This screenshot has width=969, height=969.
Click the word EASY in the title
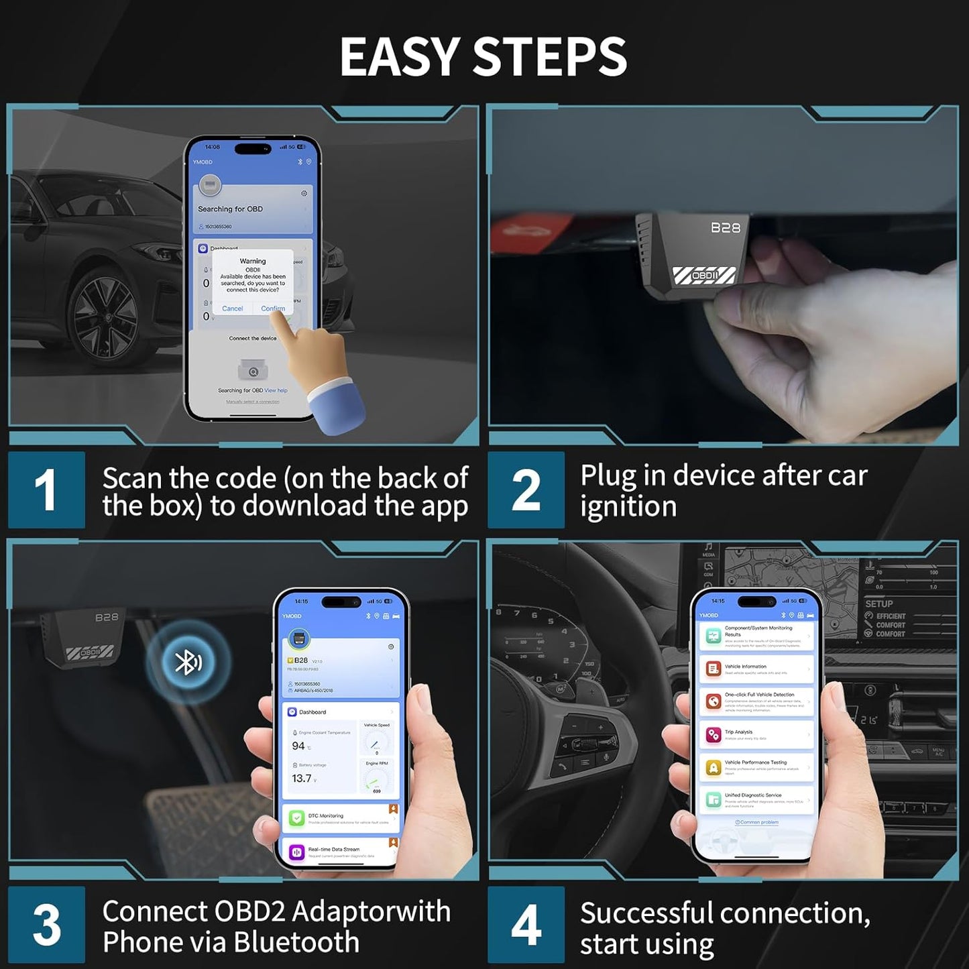400,56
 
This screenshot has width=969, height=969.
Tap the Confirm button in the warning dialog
273,308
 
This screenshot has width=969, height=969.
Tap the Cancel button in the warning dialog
232,308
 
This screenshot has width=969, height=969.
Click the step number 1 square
46,490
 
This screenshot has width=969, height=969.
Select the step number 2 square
526,490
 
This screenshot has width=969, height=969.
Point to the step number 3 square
46,925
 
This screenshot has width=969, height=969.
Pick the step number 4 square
526,925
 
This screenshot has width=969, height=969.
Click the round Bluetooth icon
188,663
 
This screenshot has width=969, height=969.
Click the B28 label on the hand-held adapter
726,228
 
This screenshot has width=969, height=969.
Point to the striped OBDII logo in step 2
704,275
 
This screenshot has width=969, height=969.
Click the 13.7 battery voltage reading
302,779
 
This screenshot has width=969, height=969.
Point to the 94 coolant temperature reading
298,746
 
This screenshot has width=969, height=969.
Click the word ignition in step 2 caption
628,506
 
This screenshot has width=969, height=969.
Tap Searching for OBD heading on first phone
230,209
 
